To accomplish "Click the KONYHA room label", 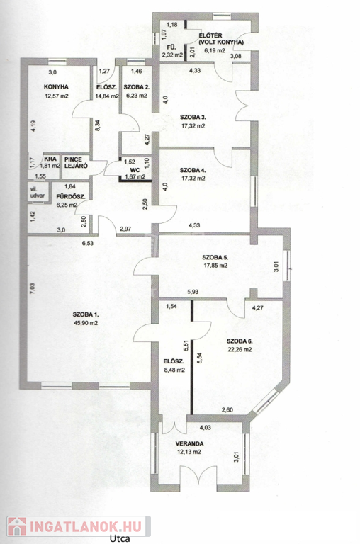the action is (56, 86).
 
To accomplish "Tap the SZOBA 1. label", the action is (86, 314).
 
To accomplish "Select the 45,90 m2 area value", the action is (86, 323).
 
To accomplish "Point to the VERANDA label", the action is (189, 443).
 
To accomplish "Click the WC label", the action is (135, 170).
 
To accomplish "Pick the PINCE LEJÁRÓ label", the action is (75, 163).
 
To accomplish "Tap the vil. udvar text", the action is (38, 193).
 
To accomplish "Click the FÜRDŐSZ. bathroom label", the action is (70, 196).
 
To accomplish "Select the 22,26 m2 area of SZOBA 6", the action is (240, 350).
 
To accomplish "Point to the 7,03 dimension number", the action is (32, 288).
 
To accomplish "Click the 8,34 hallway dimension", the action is (98, 125).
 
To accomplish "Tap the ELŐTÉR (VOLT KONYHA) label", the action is (221, 39).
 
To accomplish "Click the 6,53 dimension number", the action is (87, 243).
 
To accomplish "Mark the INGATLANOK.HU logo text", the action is (86, 527).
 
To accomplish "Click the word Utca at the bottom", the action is (120, 538).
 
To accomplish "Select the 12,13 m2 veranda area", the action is (189, 452).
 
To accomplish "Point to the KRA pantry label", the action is (50, 159).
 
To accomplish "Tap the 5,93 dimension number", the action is (193, 292).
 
